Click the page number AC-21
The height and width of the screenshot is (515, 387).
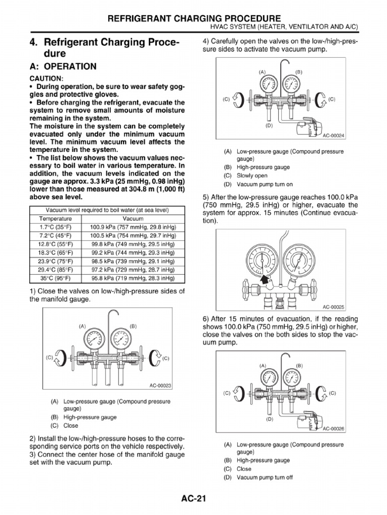point(193,499)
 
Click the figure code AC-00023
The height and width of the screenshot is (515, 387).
point(160,386)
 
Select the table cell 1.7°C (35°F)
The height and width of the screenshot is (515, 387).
point(55,227)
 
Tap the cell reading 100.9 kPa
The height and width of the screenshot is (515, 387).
point(133,227)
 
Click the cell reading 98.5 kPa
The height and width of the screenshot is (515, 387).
point(133,261)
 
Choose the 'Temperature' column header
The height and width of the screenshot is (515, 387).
point(55,219)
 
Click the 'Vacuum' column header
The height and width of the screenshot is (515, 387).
point(133,219)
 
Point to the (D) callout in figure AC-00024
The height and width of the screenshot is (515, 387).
point(269,125)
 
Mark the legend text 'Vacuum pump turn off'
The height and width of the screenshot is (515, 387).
point(265,477)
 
